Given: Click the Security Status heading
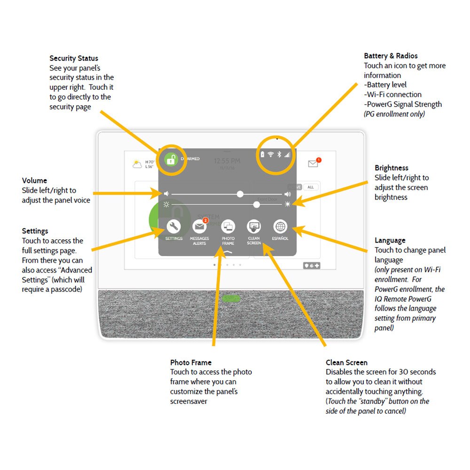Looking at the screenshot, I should click(74, 58).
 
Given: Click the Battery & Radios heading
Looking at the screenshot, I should click(391, 56).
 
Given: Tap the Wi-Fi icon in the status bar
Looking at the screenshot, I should click(271, 154).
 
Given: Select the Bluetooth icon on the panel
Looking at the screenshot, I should click(279, 154).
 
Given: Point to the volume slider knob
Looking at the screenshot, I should click(240, 194).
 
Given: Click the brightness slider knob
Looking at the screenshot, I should click(257, 204).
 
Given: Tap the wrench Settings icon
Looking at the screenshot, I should click(173, 227).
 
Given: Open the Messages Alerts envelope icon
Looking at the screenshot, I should click(200, 227).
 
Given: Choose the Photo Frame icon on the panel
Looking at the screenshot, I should click(228, 227).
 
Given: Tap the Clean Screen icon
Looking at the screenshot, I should click(254, 227).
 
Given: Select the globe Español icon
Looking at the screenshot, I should click(280, 227).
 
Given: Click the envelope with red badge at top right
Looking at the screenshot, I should click(313, 163).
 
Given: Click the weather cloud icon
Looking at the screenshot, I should click(137, 164).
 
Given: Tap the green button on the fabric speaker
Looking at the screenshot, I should click(231, 298).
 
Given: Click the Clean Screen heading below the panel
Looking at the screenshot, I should click(346, 362).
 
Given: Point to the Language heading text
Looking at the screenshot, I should click(390, 240).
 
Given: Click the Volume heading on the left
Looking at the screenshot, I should click(34, 180).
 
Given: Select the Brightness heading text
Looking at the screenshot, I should click(391, 168).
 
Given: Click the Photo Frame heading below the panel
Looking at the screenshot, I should click(191, 362).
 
